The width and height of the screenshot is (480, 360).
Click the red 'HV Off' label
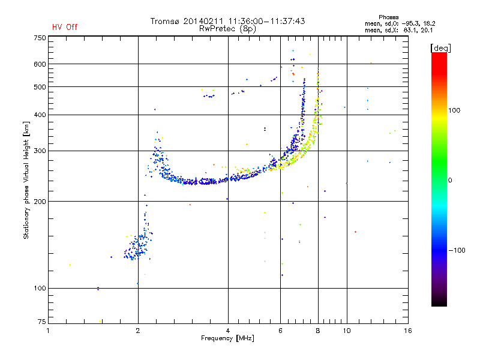click(x=64, y=27)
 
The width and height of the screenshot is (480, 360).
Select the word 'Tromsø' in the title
click(x=167, y=21)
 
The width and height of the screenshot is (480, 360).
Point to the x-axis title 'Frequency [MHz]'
click(x=227, y=339)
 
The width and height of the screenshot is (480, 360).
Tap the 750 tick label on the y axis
click(x=40, y=38)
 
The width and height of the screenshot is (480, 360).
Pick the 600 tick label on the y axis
click(x=40, y=64)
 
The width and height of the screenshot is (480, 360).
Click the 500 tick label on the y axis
click(x=40, y=86)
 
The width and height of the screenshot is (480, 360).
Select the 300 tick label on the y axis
click(x=40, y=151)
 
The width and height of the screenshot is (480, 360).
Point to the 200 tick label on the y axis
click(x=40, y=201)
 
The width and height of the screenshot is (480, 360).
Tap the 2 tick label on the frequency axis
click(x=138, y=330)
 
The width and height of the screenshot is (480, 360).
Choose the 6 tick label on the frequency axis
click(x=281, y=330)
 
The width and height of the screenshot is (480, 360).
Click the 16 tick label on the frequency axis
click(x=408, y=330)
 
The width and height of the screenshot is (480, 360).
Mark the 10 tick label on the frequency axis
click(x=346, y=330)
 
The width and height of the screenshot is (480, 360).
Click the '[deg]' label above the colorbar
click(x=441, y=47)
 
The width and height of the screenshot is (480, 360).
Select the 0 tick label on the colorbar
click(x=449, y=180)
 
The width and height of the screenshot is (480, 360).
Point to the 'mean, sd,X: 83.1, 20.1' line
click(x=399, y=29)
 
